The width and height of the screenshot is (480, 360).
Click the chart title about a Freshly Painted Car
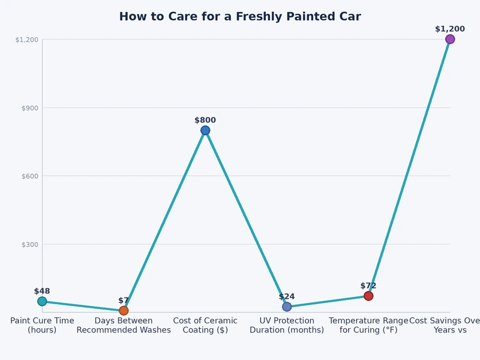point(240,17)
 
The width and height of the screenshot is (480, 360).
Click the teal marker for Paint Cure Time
point(42,301)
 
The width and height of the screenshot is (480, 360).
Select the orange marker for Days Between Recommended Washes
point(124,310)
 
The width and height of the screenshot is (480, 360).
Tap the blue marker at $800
point(205,130)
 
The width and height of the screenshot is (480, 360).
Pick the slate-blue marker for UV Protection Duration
point(287,307)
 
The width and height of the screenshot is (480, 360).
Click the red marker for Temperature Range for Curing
point(368,296)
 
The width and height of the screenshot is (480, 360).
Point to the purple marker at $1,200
point(450,39)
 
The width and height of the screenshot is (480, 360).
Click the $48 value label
point(42,291)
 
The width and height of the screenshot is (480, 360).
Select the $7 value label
point(124,301)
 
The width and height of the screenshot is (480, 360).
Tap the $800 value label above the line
point(205,120)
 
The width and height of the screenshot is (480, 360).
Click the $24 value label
point(287,296)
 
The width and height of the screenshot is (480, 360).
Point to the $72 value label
point(368,286)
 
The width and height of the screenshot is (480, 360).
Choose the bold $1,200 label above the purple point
point(450,29)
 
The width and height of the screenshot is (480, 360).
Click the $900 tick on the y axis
point(30,108)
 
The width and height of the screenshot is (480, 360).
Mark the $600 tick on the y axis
point(30,176)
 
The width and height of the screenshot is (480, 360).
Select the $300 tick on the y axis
point(30,244)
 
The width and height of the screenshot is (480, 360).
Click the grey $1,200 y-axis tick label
point(27,40)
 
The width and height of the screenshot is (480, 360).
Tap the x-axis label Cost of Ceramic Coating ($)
point(205,325)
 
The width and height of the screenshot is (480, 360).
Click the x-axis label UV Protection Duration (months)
point(287,325)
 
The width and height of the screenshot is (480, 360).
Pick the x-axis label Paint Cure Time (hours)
point(42,325)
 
